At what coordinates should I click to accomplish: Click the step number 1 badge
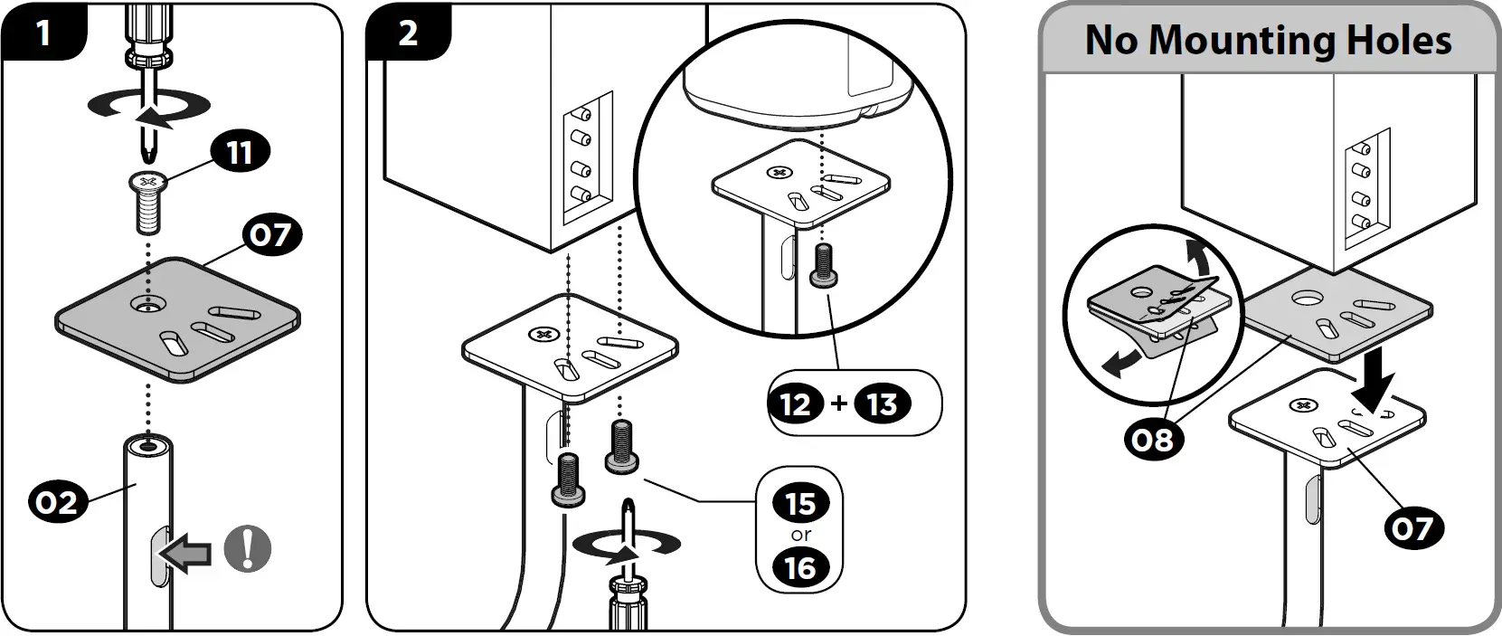[43, 33]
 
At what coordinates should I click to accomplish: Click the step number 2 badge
[408, 33]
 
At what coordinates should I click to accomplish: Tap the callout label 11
[239, 152]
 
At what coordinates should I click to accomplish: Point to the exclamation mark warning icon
[248, 548]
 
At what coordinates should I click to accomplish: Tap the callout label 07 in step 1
[270, 235]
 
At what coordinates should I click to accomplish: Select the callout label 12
[796, 403]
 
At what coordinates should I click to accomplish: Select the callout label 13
[882, 403]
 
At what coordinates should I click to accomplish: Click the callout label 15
[800, 504]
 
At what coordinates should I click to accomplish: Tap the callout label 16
[800, 568]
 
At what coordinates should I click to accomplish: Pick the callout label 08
[1152, 440]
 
